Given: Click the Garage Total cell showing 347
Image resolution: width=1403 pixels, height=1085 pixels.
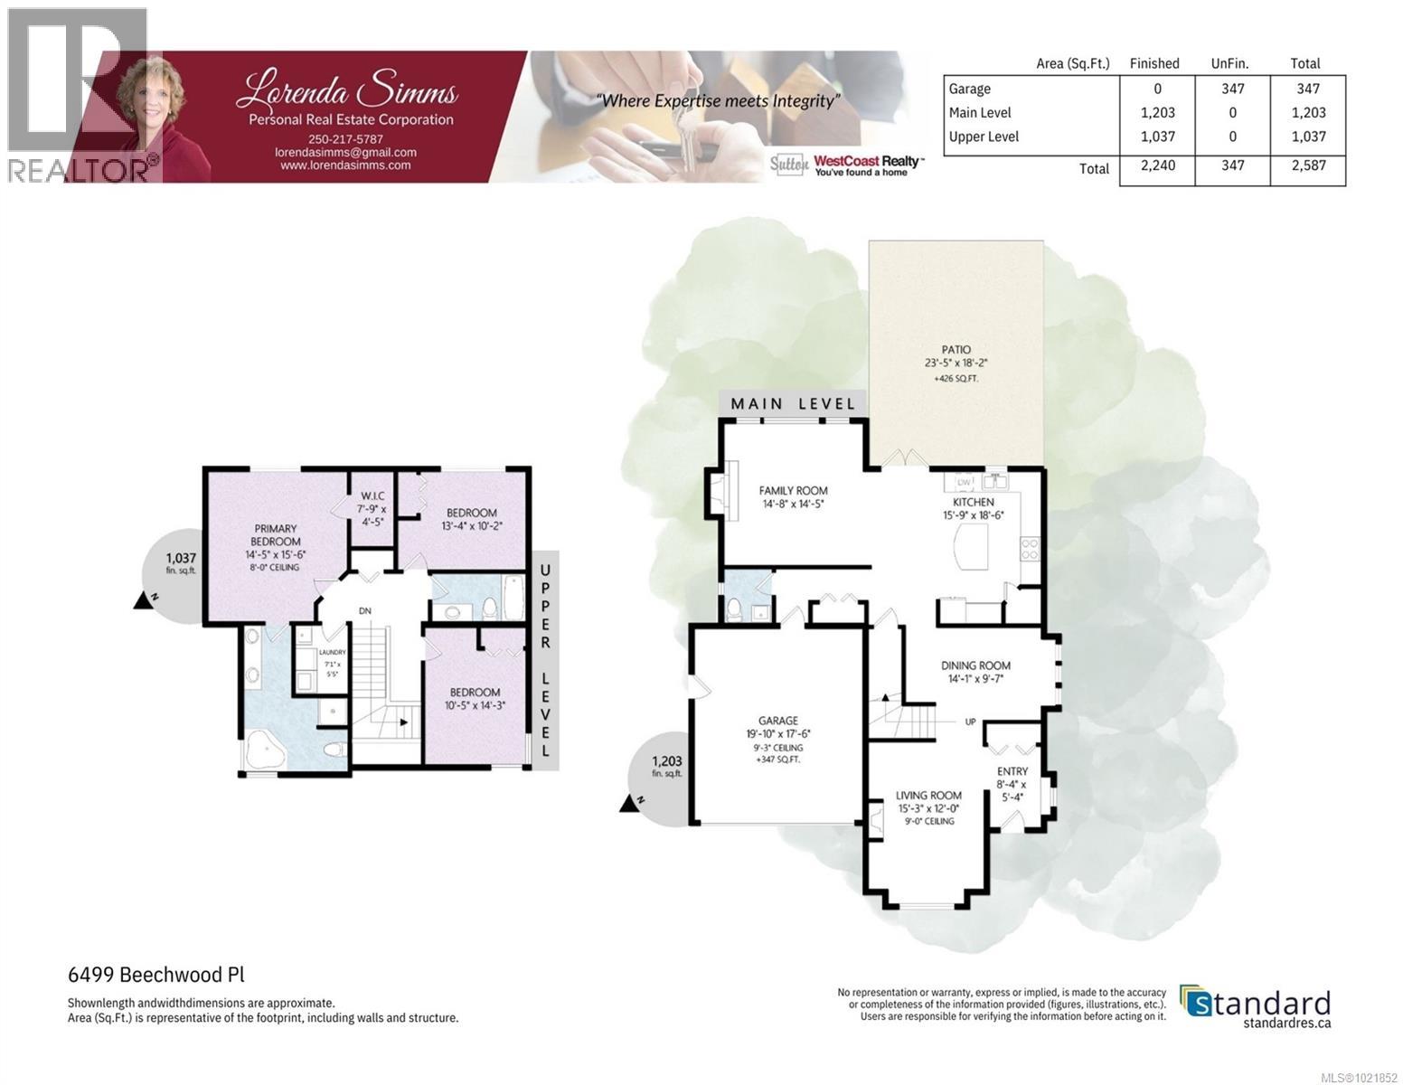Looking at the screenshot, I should (x=1307, y=89).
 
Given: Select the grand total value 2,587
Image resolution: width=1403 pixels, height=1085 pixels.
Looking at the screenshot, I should (x=1307, y=165).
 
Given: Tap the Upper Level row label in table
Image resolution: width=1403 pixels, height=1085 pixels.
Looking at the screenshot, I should (x=984, y=137).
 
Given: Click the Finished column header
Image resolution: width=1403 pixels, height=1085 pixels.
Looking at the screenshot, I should (x=1153, y=63).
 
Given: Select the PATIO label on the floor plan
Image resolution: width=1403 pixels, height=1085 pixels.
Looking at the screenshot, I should (x=956, y=349).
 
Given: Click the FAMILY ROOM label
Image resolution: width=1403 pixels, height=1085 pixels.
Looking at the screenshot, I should (x=793, y=491).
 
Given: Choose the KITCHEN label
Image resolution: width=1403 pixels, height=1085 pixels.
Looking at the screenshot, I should (x=973, y=502).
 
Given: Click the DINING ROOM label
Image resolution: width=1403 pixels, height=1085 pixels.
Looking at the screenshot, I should (x=975, y=665).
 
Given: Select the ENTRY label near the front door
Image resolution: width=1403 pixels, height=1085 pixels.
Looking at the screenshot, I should (x=1012, y=771).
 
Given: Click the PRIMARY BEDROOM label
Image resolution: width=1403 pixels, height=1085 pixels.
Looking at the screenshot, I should (x=275, y=535).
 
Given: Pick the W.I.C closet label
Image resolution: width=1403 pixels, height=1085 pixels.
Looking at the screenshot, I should (x=372, y=495).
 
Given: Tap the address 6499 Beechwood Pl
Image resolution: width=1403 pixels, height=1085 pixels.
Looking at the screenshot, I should (x=156, y=975).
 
